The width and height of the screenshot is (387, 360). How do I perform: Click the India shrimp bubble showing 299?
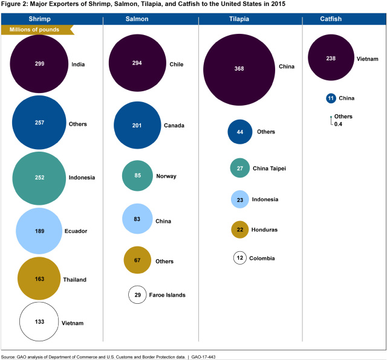click(x=40, y=63)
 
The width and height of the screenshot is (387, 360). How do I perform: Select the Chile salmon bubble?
click(x=137, y=63)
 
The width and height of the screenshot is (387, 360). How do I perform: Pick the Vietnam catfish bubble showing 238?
click(x=330, y=59)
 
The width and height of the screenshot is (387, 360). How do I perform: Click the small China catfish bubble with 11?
click(x=330, y=98)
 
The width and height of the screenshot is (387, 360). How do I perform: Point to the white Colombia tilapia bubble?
click(x=241, y=258)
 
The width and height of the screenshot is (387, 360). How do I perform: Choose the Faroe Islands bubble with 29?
click(x=137, y=295)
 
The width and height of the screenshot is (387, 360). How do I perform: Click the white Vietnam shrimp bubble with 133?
click(x=40, y=322)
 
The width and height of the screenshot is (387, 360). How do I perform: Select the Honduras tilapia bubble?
click(x=241, y=230)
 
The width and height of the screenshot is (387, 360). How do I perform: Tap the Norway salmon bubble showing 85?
click(x=137, y=176)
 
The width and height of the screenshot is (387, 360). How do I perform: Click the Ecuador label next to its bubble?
click(x=76, y=231)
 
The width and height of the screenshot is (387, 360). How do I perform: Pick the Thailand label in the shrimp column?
click(x=74, y=280)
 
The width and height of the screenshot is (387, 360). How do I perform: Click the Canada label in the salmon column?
click(x=175, y=126)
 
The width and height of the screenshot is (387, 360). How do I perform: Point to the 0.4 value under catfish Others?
click(x=338, y=124)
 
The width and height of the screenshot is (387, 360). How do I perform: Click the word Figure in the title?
click(x=13, y=4)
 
